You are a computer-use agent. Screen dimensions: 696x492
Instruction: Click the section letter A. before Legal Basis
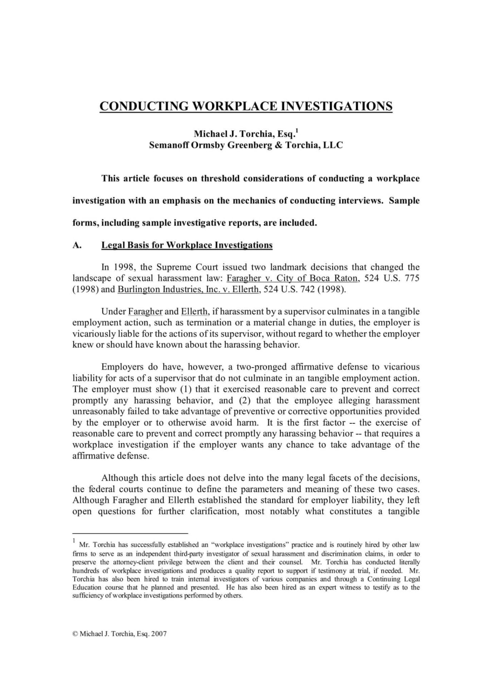[x=77, y=245]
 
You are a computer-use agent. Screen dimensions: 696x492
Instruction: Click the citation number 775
[x=412, y=278]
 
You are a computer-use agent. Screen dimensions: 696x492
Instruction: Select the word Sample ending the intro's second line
[x=404, y=201]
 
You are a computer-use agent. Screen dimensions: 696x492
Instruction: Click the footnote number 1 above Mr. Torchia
[x=74, y=540]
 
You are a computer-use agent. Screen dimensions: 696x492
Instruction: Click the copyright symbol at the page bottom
[x=75, y=634]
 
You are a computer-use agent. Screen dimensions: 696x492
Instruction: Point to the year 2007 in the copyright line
[x=159, y=634]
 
